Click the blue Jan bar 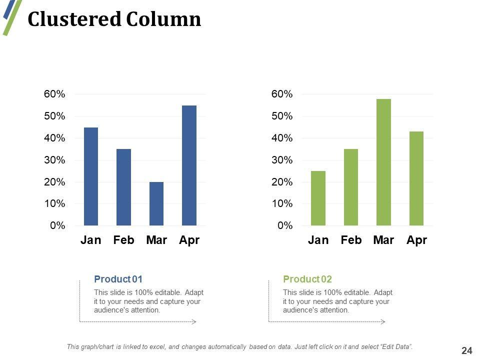[x=91, y=176]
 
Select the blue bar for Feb [x=123, y=187]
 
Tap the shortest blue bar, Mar [x=156, y=203]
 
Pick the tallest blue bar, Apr [x=189, y=165]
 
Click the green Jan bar [x=318, y=198]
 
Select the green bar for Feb [x=351, y=187]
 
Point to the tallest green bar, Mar [x=383, y=162]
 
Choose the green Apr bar [x=416, y=178]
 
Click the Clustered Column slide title [x=114, y=19]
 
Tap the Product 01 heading [x=118, y=279]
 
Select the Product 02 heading [x=307, y=279]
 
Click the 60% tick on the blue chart [x=54, y=94]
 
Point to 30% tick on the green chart [x=282, y=160]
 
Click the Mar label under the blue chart [x=156, y=240]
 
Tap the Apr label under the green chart [x=416, y=240]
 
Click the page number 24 [x=467, y=351]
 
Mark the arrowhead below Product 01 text [x=194, y=321]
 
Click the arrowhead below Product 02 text [x=383, y=321]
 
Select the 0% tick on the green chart [x=284, y=225]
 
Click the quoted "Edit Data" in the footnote [x=396, y=347]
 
